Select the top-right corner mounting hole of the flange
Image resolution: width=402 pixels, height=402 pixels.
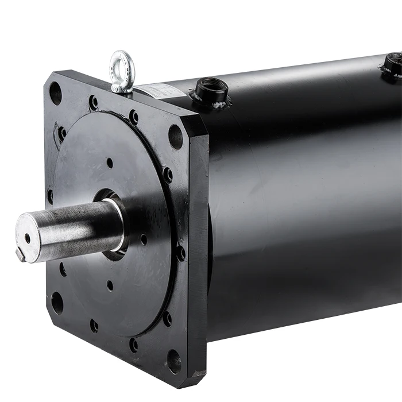click(x=176, y=137)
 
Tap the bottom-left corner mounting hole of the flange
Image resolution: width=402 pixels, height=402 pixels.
click(x=57, y=302)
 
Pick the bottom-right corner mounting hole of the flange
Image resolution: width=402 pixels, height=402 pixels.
click(x=174, y=361)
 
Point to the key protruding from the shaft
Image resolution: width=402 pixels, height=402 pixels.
click(x=21, y=254)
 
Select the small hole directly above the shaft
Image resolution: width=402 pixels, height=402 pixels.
click(x=110, y=163)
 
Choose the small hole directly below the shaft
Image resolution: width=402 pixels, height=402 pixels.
click(x=110, y=284)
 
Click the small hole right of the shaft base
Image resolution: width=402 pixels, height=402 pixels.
click(x=144, y=238)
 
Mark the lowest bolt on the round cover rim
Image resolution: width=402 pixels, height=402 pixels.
click(x=134, y=345)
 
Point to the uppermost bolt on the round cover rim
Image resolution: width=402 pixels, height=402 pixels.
click(x=93, y=103)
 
